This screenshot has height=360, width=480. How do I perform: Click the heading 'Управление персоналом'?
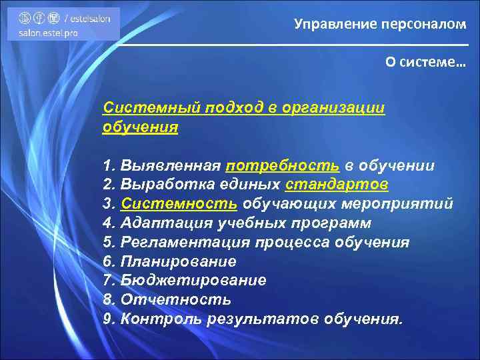point(380,25)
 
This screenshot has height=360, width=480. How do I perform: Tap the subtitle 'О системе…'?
point(425,61)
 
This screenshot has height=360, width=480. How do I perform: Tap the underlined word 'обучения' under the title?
point(140,127)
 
